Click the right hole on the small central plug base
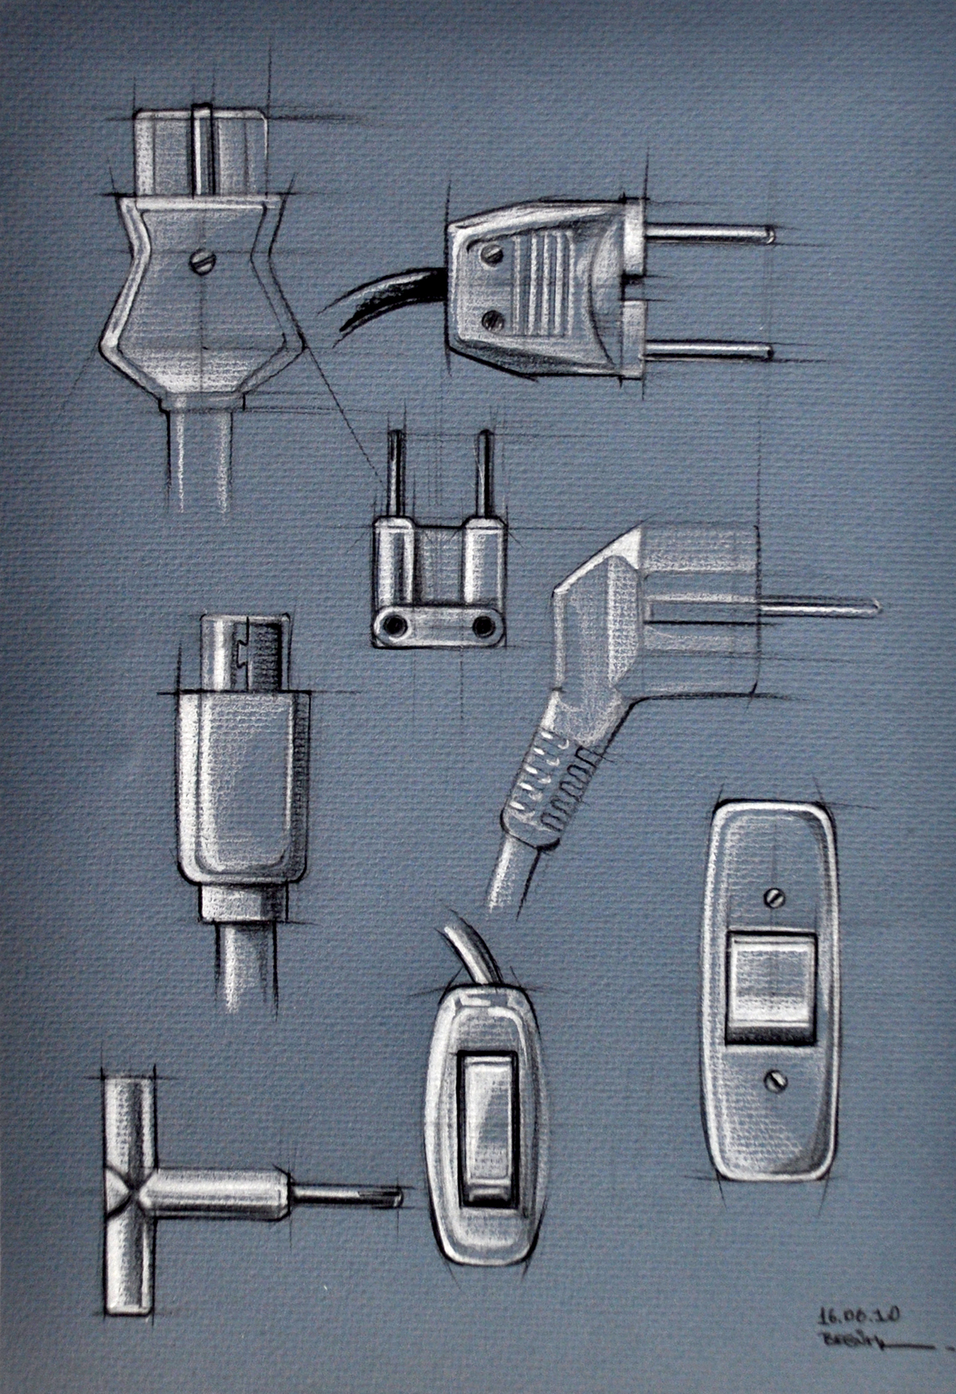[x=482, y=626]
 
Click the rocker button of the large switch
[x=770, y=988]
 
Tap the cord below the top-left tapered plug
[x=204, y=462]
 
